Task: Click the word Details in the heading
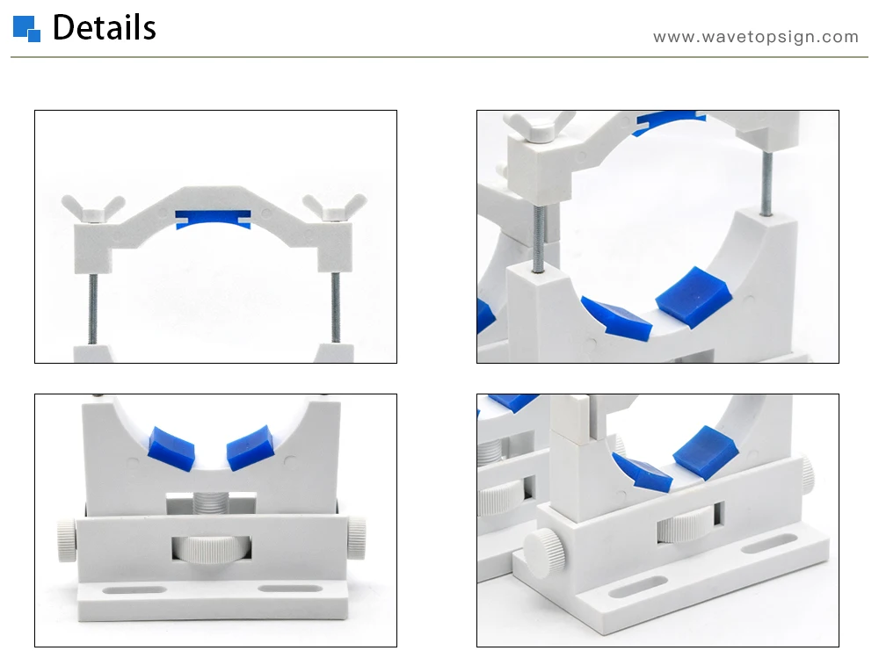(x=105, y=27)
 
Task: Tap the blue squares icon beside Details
(x=26, y=29)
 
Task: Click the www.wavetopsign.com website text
(x=756, y=37)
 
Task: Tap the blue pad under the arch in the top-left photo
(x=213, y=219)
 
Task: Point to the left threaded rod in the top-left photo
(x=93, y=308)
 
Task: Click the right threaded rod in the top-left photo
(x=335, y=307)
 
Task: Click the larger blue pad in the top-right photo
(x=694, y=296)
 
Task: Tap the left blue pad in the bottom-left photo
(x=171, y=447)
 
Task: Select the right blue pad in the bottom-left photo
(x=250, y=447)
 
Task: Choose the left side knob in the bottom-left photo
(x=66, y=539)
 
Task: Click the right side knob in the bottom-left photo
(x=356, y=539)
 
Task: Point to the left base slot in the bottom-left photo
(x=134, y=590)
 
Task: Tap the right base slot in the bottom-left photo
(x=291, y=589)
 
